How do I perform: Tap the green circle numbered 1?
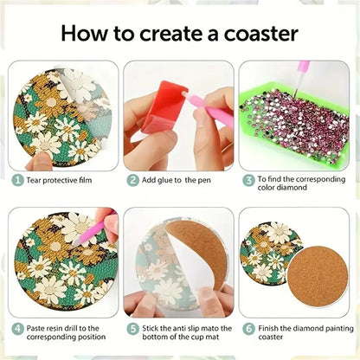[17, 180]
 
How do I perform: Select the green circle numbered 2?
[133, 180]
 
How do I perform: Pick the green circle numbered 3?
[247, 180]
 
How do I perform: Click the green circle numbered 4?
[17, 328]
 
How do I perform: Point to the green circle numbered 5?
[133, 328]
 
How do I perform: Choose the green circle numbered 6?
[247, 328]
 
